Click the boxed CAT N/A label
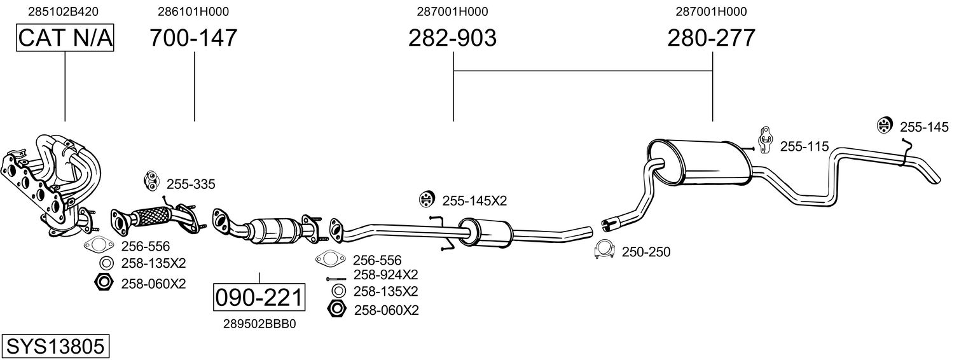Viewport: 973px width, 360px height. click(65, 39)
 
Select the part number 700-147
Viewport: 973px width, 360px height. click(193, 38)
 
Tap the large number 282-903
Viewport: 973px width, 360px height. click(452, 38)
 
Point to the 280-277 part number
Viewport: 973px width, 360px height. click(711, 38)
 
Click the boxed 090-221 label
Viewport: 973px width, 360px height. click(259, 297)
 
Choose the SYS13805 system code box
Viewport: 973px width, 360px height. click(55, 347)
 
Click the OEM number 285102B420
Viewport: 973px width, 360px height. click(64, 11)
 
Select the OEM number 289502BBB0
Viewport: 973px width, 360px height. click(259, 324)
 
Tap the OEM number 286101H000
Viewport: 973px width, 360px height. click(193, 11)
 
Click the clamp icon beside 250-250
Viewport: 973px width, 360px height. click(604, 251)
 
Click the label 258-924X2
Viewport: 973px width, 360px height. click(385, 275)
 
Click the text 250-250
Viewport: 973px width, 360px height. click(645, 253)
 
